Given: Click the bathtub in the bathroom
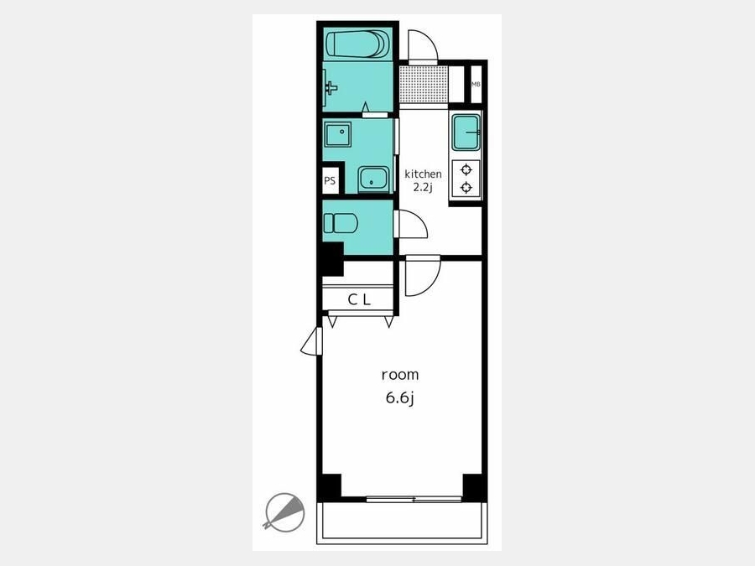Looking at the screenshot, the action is coord(357,44).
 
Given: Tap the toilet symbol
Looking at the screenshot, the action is coord(341,223).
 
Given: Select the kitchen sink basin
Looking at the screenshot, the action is coord(466,132).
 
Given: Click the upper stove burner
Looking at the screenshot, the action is coord(466,169).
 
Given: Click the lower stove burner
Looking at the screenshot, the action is coord(466,187).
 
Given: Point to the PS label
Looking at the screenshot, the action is coord(330,181).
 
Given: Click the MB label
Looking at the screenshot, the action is coord(476,84).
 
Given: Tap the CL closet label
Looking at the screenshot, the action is coord(359,300).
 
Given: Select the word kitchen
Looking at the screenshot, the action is coord(423,174).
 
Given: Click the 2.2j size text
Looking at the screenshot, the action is coord(423,187).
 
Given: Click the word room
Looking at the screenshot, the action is coord(399,375).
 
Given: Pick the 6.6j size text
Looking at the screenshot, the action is coord(399,398).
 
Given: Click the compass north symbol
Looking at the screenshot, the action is coord(284,512).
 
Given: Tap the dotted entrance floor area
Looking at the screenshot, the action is coord(424,84).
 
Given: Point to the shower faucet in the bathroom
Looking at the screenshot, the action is coord(331,88).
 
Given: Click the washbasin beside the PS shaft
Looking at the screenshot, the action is coord(373,179).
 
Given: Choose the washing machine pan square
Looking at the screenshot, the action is coord(337,134).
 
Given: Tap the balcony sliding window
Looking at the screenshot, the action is coord(414,500).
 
